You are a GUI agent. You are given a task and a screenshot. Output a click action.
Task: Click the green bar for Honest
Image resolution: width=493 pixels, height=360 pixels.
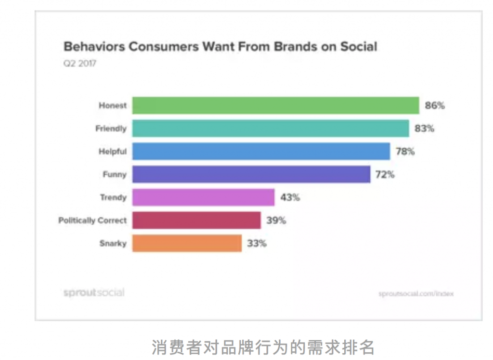coord(275,106)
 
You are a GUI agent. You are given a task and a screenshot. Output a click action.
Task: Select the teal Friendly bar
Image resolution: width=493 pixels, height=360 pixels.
coord(271,129)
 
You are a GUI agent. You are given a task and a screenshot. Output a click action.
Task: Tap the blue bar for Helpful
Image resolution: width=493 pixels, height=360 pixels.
coord(261,151)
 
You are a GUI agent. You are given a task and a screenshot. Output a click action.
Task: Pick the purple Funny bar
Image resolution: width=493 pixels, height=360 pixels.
coord(251,174)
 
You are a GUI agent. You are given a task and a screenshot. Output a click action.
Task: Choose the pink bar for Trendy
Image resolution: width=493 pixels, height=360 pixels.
coord(203,197)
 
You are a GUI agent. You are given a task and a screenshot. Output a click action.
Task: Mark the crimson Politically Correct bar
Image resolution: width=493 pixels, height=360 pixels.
coord(196,220)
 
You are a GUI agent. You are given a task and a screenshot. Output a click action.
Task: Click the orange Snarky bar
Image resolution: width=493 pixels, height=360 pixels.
coord(187,243)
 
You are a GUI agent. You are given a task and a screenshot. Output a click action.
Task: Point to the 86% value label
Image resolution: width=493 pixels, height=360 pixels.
coord(435,106)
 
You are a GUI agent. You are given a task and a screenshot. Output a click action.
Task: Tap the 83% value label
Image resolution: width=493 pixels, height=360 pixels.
coord(425,129)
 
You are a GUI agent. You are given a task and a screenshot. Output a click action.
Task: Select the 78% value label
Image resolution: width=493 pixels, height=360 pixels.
coord(405,151)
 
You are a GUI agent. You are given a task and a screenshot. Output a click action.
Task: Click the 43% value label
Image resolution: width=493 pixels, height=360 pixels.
coord(290,197)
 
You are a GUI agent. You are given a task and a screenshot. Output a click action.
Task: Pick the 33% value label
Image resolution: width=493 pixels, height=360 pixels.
coord(257,243)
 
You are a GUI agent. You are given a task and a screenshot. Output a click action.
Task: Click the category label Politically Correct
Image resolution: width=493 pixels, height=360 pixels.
coord(92,220)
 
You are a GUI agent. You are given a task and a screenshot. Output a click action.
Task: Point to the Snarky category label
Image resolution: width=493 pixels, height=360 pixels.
coord(113,243)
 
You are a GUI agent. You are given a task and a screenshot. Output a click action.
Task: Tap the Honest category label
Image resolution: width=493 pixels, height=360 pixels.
coord(113,106)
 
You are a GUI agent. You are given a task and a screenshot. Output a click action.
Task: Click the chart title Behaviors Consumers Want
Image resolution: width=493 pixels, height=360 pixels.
coord(221,47)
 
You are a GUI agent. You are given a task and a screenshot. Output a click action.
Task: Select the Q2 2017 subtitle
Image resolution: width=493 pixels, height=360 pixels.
coord(79,63)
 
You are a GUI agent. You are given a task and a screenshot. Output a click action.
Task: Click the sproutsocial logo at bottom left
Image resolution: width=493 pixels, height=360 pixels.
coord(94,293)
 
